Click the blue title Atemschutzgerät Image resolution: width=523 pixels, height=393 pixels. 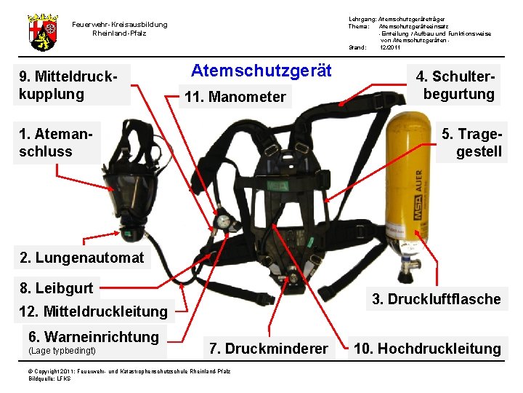pos(261,71)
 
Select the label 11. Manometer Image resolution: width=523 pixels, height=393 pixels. pos(235,97)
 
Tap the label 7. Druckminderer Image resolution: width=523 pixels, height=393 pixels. pos(269,349)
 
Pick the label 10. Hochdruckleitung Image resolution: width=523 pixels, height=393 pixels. pos(428,349)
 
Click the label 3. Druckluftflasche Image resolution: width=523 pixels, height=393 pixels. pos(437,299)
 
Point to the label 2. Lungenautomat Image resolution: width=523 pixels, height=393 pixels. pos(81,258)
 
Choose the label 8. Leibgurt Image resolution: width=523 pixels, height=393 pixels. pos(57,288)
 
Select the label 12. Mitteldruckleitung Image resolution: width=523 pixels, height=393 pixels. pos(94,311)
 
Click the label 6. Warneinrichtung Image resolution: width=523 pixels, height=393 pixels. pos(94,337)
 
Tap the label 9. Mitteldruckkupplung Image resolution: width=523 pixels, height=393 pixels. pos(68,85)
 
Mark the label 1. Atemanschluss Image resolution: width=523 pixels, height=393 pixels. pos(56,143)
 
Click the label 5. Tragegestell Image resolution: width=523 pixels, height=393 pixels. pos(472,143)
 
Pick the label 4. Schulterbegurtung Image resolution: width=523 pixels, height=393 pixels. pos(455,85)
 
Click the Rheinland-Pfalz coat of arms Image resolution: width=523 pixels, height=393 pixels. pos(43,33)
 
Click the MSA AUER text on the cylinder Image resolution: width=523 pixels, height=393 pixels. pos(418,194)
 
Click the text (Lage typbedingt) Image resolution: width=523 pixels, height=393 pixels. pos(62,351)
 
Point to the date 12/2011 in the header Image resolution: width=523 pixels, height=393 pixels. pos(389,47)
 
